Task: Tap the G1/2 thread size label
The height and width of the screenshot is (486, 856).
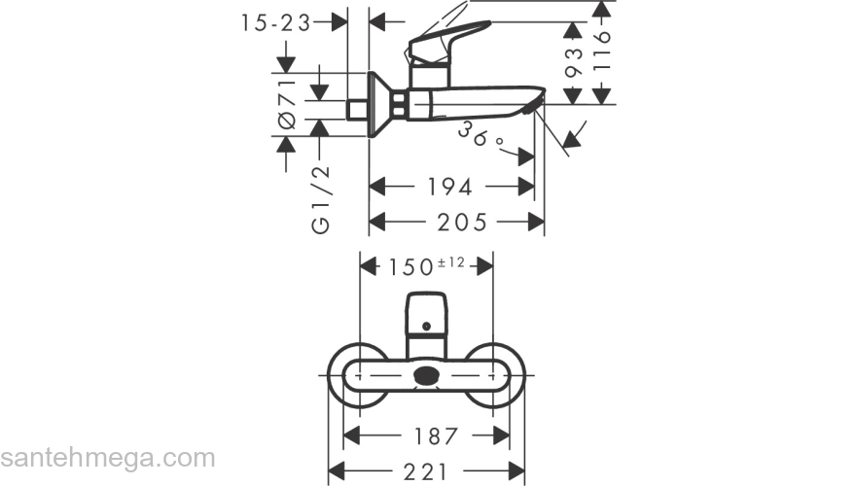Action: pos(320,198)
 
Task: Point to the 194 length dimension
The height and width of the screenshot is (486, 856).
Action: pos(450,185)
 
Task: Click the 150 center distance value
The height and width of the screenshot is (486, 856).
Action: pos(409,265)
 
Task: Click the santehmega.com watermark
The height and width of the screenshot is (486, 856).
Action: pos(108,457)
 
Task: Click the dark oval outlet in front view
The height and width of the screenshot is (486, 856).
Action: pos(426,376)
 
